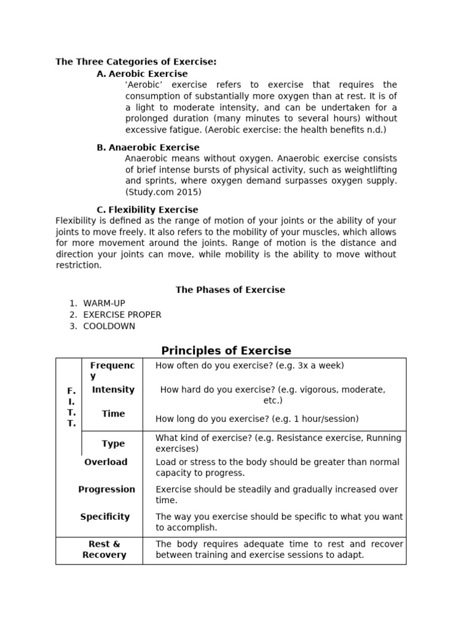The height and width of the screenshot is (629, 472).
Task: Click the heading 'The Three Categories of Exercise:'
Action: point(136,62)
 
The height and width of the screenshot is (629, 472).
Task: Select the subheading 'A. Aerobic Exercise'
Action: point(142,74)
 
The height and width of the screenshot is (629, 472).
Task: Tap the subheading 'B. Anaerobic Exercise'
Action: point(148,147)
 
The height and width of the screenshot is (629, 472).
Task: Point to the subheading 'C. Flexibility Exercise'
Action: point(147,210)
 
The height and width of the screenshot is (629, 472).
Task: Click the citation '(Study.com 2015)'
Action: point(163,192)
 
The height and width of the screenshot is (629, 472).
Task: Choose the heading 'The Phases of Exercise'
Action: point(230,290)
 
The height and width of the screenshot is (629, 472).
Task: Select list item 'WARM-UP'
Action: point(104,303)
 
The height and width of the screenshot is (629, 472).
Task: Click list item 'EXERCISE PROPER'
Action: point(122,314)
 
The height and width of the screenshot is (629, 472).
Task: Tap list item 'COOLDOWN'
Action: point(109,326)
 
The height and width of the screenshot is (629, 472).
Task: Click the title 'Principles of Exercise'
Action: point(226,351)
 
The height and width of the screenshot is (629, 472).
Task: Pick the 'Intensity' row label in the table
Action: point(113,389)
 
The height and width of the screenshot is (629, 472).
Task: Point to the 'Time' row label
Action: point(113,414)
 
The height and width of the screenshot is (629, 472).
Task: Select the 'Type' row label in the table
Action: point(113,443)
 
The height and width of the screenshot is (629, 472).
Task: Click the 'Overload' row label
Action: point(106,462)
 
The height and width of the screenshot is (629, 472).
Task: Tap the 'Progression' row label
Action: point(106,490)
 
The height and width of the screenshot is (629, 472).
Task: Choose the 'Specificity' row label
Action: point(105,517)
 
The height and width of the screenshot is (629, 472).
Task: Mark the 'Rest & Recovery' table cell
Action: point(104,549)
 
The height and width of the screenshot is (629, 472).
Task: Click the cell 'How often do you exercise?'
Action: point(250,365)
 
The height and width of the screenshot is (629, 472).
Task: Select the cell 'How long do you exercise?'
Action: point(257,419)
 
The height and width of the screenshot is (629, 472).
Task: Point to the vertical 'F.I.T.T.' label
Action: point(71,407)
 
